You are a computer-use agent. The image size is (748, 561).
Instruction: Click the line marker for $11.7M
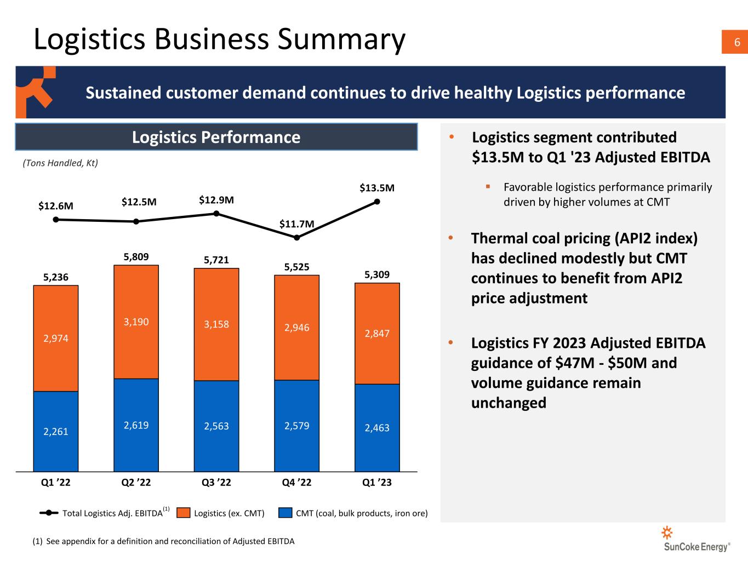[296, 237]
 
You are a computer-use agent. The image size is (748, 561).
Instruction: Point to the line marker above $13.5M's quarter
[377, 201]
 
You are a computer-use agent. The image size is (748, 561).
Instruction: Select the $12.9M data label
[216, 200]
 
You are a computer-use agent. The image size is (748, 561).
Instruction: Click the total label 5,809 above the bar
[136, 256]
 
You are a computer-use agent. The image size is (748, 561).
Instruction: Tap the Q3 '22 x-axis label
[216, 483]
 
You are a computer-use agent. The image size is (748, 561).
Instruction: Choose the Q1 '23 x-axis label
[377, 483]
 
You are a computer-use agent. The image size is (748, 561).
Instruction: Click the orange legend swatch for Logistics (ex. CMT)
[184, 513]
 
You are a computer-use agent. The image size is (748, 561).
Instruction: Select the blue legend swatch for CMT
[285, 513]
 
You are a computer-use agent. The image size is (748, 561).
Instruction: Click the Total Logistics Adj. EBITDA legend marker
[49, 513]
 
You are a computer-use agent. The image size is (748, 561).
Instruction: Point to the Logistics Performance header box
[216, 136]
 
